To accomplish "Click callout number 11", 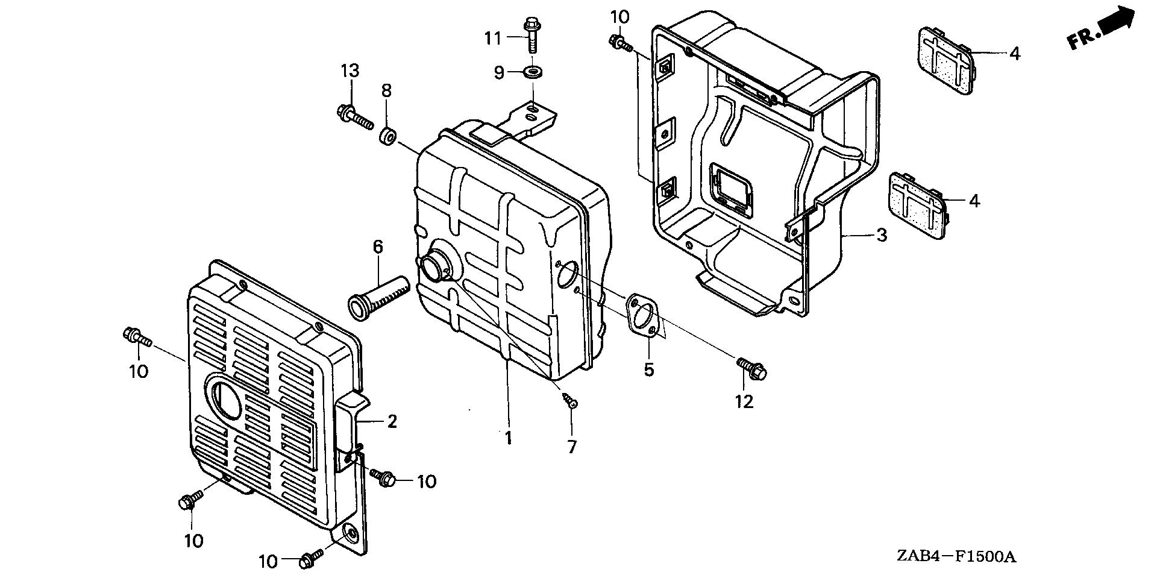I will point(493,39).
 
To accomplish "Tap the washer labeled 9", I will point(533,73).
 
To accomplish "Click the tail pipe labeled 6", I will point(378,294).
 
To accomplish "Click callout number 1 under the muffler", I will point(509,438).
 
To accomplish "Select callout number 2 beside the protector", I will point(392,421).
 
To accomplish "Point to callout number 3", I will point(882,235).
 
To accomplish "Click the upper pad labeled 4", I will point(944,60).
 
